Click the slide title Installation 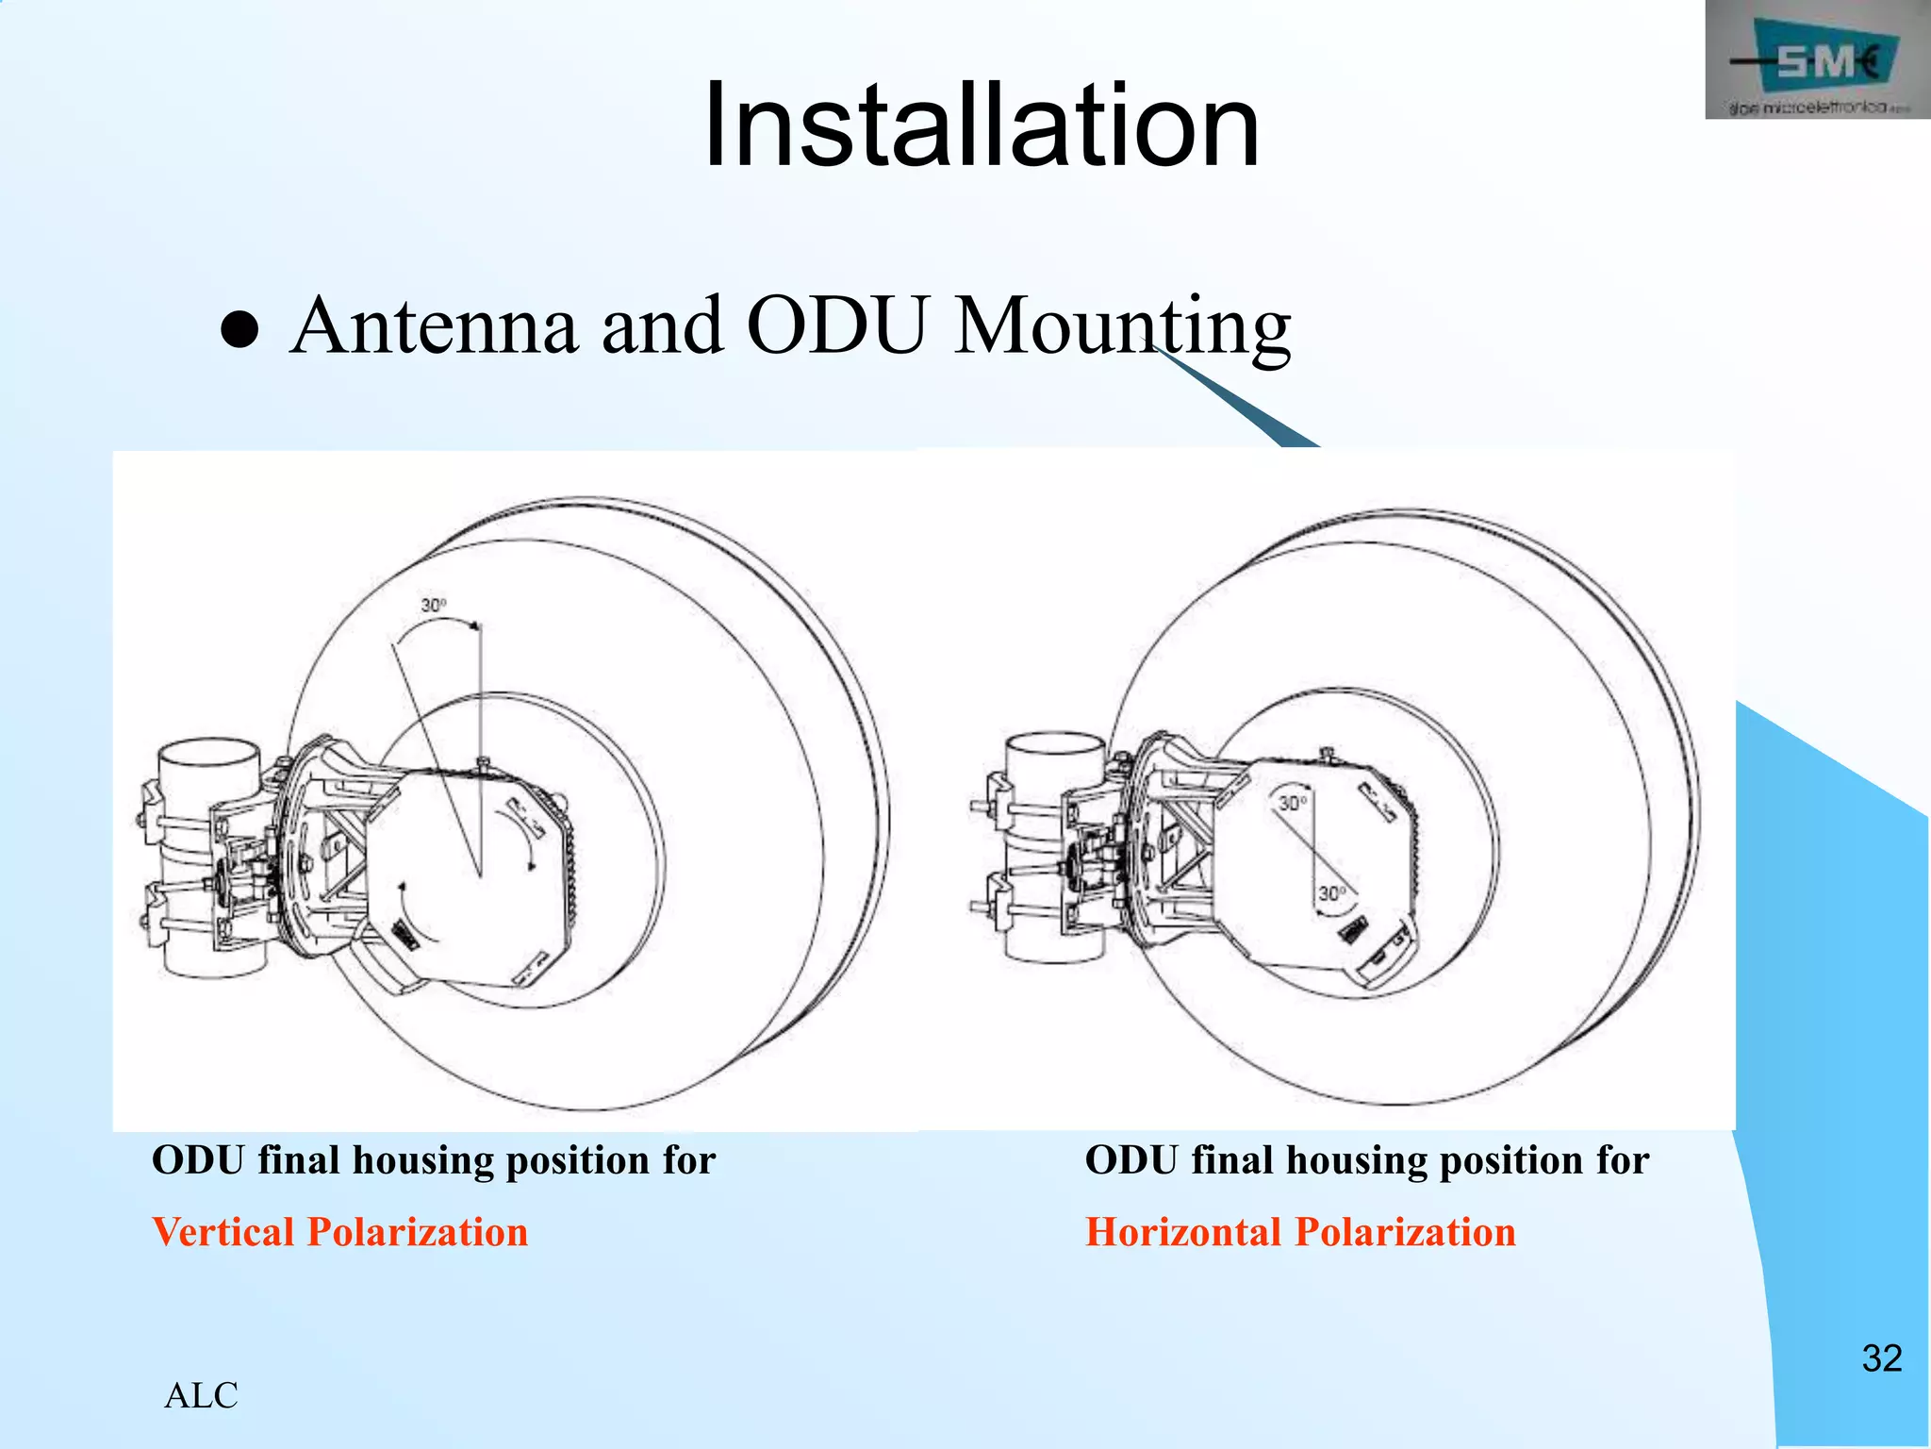tap(981, 125)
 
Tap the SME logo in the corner tap(1816, 61)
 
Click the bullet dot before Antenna tap(239, 330)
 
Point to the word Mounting tap(1122, 328)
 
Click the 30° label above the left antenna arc tap(433, 605)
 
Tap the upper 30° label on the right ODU tap(1293, 803)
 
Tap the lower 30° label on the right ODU tap(1331, 892)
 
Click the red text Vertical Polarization tap(339, 1232)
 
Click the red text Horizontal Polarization tap(1300, 1232)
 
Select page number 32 tap(1881, 1358)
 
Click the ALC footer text tap(201, 1395)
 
